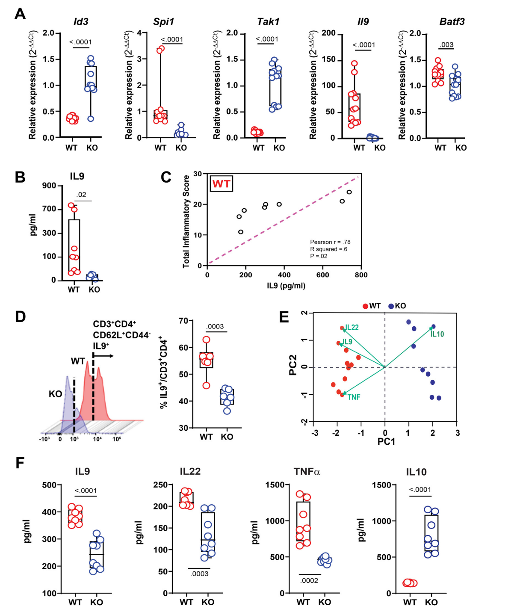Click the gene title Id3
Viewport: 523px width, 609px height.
tap(81, 22)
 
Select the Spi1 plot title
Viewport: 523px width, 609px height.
tap(163, 22)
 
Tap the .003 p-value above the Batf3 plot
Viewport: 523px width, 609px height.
tap(446, 44)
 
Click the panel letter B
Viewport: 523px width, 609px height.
tap(20, 177)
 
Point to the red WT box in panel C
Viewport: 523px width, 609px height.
tap(221, 184)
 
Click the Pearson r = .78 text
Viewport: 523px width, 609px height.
tap(330, 242)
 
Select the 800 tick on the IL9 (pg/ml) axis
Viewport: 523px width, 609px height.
tap(361, 275)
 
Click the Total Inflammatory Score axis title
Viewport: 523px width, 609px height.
tap(186, 222)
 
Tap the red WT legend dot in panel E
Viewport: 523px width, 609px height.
tap(365, 306)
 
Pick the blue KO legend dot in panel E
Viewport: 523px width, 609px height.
tap(391, 306)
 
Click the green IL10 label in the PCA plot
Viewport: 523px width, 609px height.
tap(437, 334)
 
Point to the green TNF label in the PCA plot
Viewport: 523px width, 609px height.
tap(354, 397)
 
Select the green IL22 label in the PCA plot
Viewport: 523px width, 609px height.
tap(352, 328)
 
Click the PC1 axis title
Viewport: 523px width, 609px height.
tap(386, 442)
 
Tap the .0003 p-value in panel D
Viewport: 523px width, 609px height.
tap(215, 326)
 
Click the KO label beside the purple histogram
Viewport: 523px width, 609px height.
tap(55, 394)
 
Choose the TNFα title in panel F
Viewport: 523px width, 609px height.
tap(307, 472)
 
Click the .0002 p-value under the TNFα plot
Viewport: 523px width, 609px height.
tap(309, 580)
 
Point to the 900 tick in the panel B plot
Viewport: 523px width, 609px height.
tap(49, 186)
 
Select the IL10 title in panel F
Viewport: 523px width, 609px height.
tap(416, 472)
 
